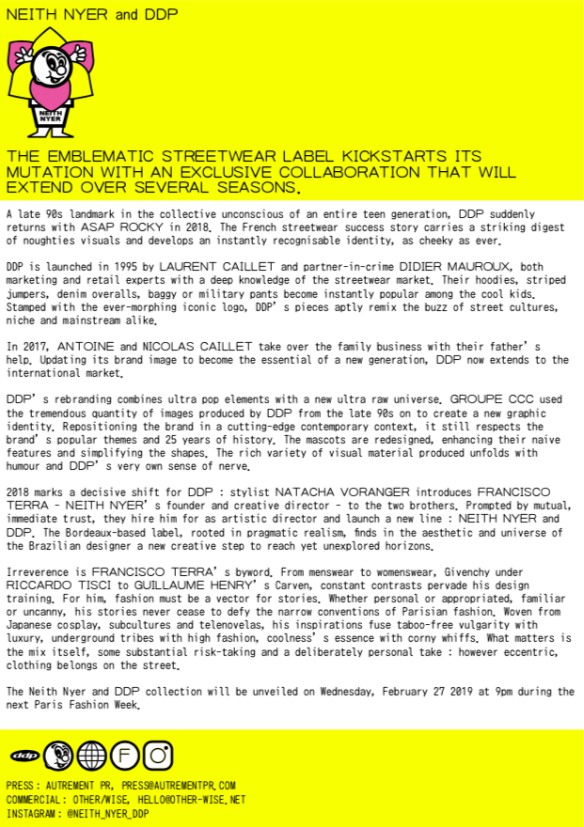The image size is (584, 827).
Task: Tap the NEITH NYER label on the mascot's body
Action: (50, 118)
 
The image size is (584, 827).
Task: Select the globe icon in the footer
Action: (91, 755)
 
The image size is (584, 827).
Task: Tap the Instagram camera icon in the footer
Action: (159, 755)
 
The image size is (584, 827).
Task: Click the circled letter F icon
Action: (125, 755)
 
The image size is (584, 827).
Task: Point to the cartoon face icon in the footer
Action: (57, 755)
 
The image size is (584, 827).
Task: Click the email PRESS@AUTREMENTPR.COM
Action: (178, 785)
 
